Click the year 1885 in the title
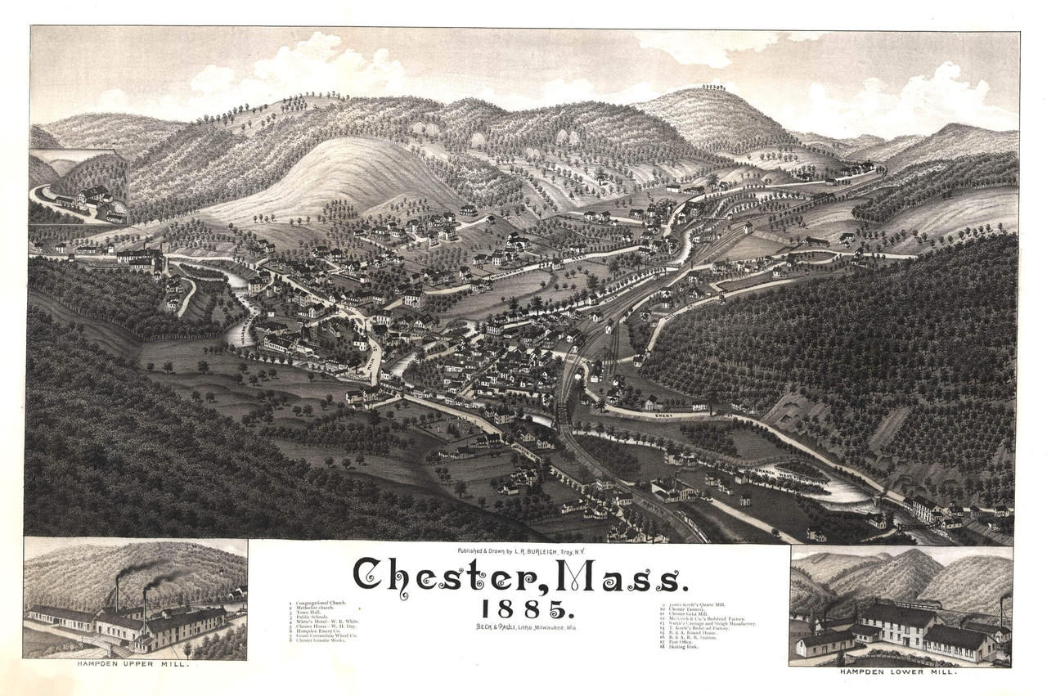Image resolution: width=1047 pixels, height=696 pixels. click(523, 609)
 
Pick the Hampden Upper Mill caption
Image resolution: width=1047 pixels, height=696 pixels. click(136, 665)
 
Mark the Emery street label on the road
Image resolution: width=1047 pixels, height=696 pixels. click(664, 416)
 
